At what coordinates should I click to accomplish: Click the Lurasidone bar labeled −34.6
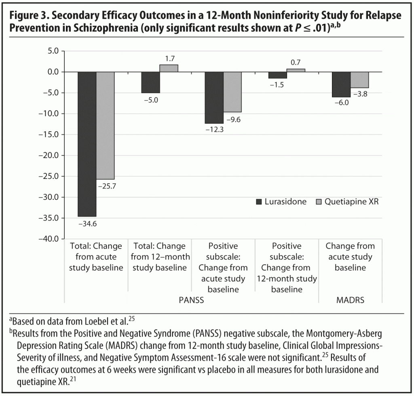[87, 144]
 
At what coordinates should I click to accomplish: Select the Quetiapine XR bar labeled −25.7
[106, 126]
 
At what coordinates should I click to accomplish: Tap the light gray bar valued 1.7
[169, 68]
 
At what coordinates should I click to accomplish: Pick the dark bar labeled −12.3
[214, 97]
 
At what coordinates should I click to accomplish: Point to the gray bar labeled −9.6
[232, 92]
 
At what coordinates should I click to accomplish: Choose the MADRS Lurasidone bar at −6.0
[341, 84]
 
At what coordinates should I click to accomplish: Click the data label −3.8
[360, 94]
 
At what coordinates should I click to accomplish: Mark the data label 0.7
[296, 63]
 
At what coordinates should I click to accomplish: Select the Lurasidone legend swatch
[259, 201]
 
